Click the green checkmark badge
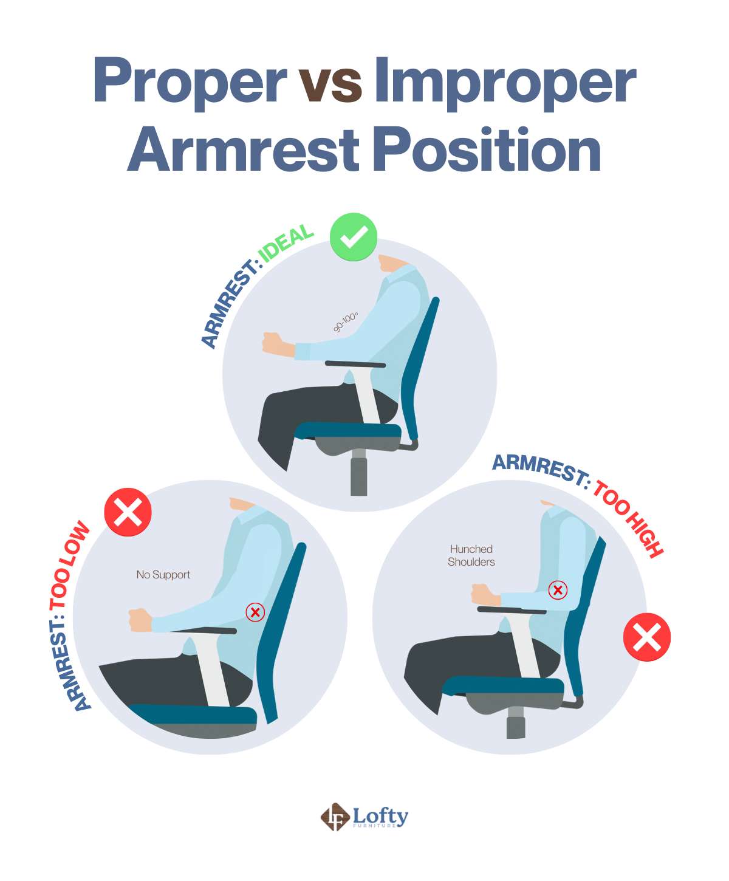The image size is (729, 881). click(x=354, y=237)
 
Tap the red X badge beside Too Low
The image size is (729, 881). click(x=128, y=512)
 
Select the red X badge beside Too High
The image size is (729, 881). click(x=647, y=637)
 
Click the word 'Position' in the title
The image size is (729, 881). click(x=486, y=150)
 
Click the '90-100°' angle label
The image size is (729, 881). click(x=346, y=322)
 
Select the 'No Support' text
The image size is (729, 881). click(x=163, y=575)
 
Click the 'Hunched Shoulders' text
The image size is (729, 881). click(x=471, y=555)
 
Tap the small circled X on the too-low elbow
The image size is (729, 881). click(x=255, y=612)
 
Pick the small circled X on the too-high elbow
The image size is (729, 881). click(x=558, y=589)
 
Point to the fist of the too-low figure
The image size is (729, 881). click(x=140, y=620)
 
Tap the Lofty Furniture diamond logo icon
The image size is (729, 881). click(x=335, y=817)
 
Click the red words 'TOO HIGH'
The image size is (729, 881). click(x=629, y=518)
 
